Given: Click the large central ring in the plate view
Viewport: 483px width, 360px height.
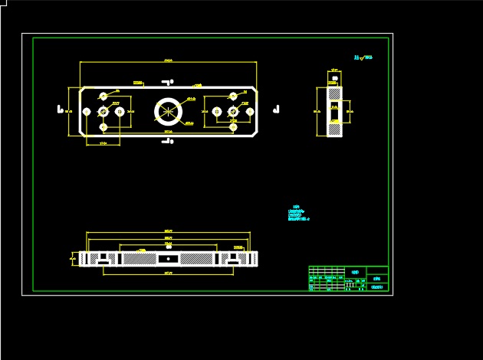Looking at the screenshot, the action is click(x=168, y=111).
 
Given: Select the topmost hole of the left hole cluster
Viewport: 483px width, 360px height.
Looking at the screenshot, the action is click(x=103, y=97).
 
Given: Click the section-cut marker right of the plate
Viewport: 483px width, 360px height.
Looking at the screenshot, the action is click(x=278, y=109).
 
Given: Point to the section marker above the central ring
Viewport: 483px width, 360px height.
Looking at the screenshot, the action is click(x=168, y=80).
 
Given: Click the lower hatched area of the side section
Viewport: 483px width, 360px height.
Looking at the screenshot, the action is click(x=335, y=129).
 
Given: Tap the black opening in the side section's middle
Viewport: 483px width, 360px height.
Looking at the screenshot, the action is click(x=334, y=112).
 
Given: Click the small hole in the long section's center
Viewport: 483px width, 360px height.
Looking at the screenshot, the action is click(x=168, y=259).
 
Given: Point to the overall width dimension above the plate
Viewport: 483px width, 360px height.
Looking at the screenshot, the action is click(x=168, y=61).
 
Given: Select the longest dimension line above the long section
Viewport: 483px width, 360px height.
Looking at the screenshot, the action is click(x=168, y=232).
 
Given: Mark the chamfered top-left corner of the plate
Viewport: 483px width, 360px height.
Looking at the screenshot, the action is click(x=82, y=90).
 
